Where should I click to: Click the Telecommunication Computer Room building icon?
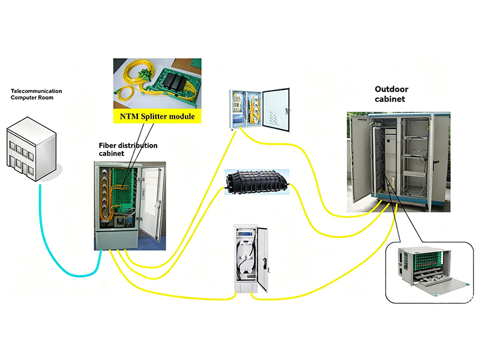32,149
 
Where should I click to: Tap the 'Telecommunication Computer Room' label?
36,94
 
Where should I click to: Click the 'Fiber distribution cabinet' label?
128,149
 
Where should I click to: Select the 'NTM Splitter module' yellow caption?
157,116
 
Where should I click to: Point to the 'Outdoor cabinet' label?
392,94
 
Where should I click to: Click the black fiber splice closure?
257,182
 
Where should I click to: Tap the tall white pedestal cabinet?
250,259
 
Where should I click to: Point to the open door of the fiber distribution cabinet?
152,202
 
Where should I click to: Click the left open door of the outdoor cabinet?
361,158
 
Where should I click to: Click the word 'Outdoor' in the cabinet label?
392,89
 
